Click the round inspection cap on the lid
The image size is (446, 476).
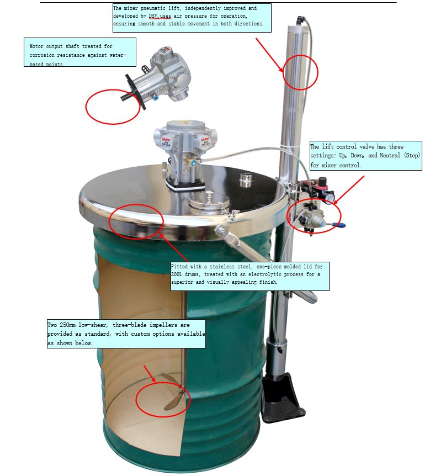209,202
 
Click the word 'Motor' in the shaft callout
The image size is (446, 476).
36,46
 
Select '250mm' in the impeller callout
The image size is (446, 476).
67,325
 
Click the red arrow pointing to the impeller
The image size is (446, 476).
149,373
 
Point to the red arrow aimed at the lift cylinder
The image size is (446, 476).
270,55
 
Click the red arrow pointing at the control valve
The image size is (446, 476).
349,190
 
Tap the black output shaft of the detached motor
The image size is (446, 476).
127,97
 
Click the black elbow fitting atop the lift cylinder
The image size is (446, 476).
300,20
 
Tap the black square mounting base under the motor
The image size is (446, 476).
185,184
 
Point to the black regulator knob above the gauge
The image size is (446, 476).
322,182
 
